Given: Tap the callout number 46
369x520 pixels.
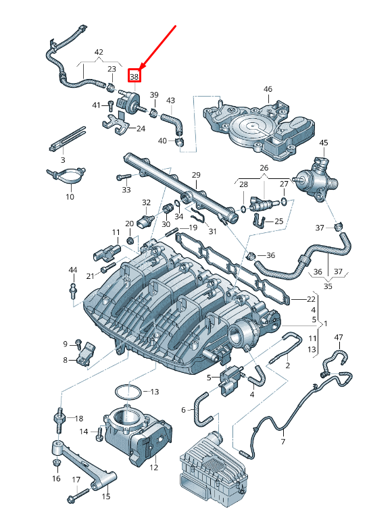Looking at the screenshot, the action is [x=268, y=89].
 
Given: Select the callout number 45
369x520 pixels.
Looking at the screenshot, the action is [x=324, y=142].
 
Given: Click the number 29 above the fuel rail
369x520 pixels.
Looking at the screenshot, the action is [x=196, y=175].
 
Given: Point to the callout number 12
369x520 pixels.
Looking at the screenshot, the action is [x=153, y=467].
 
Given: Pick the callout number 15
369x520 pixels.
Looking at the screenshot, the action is [x=106, y=496].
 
